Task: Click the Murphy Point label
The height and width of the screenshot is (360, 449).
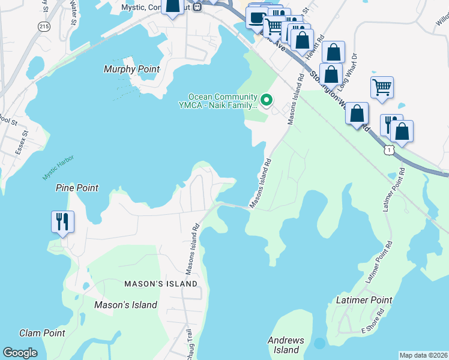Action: click(131, 69)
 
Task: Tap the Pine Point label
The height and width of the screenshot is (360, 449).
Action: click(76, 188)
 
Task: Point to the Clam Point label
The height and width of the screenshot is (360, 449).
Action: click(42, 332)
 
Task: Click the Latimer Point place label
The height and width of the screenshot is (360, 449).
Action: click(364, 299)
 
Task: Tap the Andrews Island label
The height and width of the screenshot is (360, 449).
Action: click(286, 345)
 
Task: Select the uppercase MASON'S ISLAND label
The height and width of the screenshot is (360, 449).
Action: click(160, 283)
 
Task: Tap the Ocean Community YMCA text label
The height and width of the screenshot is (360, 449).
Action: click(223, 101)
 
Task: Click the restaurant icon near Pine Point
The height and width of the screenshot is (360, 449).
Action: click(62, 221)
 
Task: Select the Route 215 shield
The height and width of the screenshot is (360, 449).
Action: click(43, 26)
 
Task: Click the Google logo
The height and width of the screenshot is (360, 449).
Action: click(20, 352)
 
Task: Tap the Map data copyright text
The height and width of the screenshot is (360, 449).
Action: click(423, 355)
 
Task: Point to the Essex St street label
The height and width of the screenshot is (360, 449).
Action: click(23, 143)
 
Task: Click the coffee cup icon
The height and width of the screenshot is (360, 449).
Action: click(257, 17)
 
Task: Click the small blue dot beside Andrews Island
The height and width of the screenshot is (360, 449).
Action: click(319, 343)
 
